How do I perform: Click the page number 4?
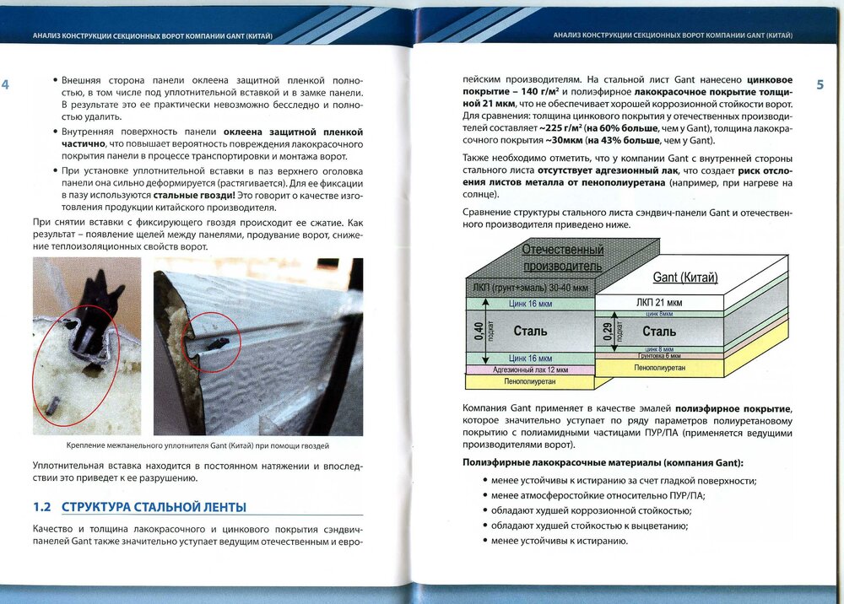(x=6, y=85)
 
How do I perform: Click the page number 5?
(x=820, y=85)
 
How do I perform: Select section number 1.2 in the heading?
(x=42, y=508)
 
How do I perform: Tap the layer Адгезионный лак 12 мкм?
(x=530, y=369)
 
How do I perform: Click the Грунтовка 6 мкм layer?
(x=659, y=356)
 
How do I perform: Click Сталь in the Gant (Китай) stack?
(x=659, y=331)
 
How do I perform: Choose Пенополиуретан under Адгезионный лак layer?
(x=530, y=382)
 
